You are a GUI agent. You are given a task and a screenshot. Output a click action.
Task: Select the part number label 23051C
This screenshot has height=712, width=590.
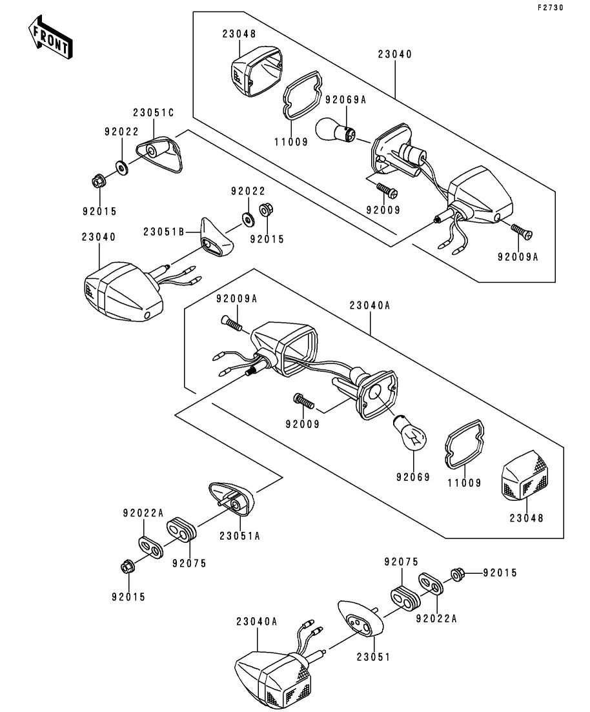pos(154,113)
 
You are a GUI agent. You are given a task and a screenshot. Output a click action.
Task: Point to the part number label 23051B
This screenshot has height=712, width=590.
pos(164,232)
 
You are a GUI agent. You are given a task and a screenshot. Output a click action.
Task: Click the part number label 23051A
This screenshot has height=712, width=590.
pos(239,535)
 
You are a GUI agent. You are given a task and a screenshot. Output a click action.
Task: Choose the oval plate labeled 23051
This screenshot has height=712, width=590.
pos(359,620)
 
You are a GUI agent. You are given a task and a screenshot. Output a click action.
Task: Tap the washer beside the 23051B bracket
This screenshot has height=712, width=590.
pos(248,219)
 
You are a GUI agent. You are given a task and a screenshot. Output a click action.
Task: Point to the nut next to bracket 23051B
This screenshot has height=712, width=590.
pos(265,210)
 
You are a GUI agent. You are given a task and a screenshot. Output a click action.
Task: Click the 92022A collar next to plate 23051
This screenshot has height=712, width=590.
pos(431,584)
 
